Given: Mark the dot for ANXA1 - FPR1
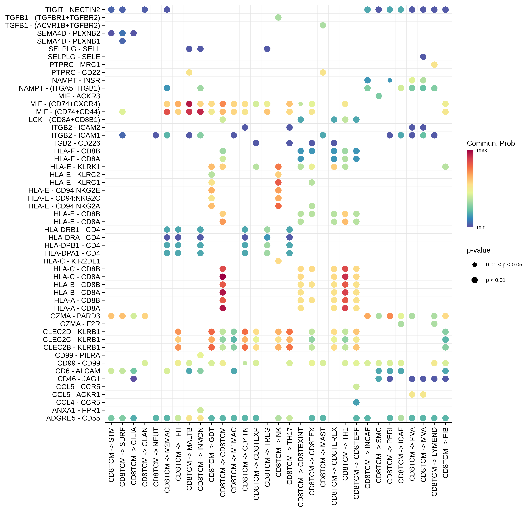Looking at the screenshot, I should pyautogui.click(x=200, y=410).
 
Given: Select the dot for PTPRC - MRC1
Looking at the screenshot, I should pyautogui.click(x=434, y=65).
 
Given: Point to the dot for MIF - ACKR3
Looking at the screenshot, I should pyautogui.click(x=379, y=96).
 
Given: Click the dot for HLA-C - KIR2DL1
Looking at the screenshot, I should pyautogui.click(x=278, y=261).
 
